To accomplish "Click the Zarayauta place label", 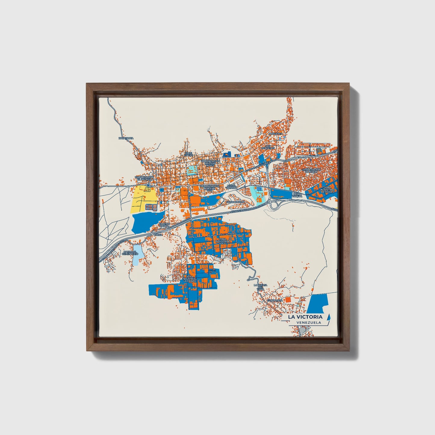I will point(126,138).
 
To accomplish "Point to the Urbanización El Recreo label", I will point(144,178).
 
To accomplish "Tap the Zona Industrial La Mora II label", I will point(327,190).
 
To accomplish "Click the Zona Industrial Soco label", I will point(222,241).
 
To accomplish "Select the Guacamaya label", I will point(275,300).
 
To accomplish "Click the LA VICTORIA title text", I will point(305,317).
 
